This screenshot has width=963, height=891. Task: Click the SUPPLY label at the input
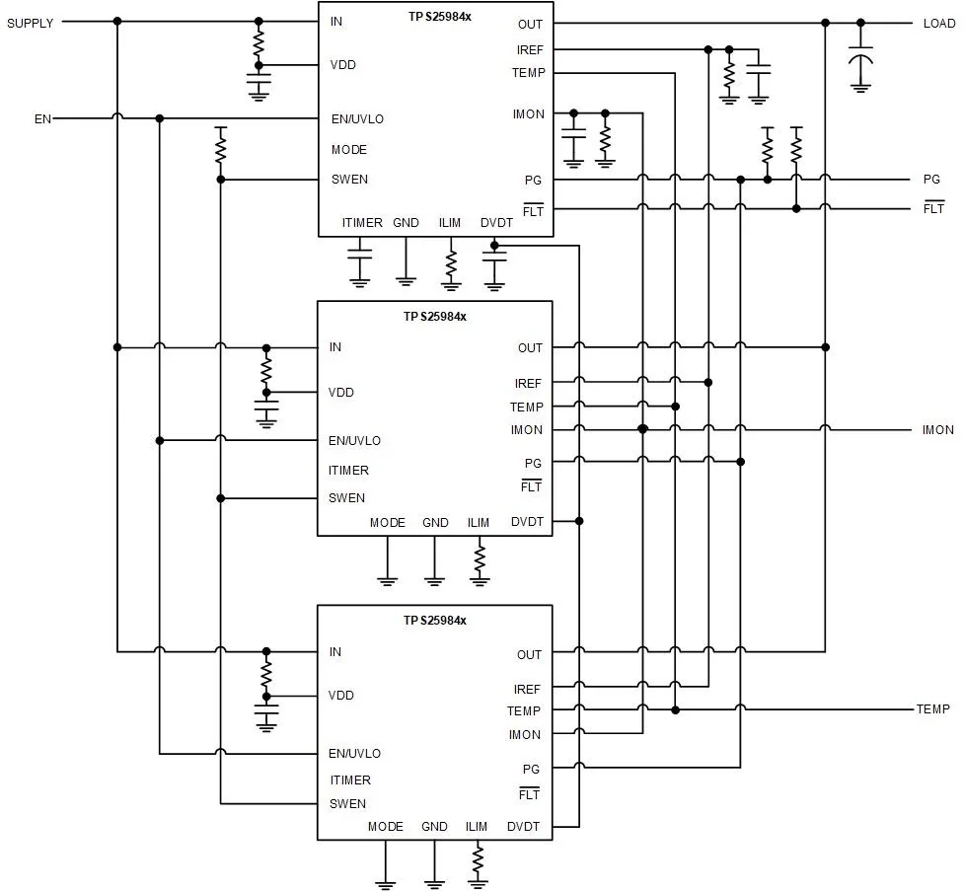click(x=30, y=24)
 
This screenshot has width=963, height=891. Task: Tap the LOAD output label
click(x=939, y=24)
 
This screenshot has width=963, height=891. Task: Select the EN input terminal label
click(x=42, y=118)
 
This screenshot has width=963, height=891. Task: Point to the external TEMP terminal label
click(x=933, y=709)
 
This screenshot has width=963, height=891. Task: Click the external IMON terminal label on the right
click(x=937, y=430)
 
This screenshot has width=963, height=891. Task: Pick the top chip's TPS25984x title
click(x=440, y=17)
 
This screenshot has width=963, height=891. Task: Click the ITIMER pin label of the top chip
click(x=362, y=222)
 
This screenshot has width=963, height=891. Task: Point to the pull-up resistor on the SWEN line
click(x=220, y=146)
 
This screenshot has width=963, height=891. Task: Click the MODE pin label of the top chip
click(x=349, y=150)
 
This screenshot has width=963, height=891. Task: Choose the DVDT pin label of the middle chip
click(x=527, y=522)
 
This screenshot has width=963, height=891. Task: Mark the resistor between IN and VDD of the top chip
click(x=259, y=43)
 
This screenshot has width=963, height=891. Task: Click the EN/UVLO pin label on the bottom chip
click(x=354, y=754)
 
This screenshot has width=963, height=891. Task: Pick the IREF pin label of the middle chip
click(x=528, y=384)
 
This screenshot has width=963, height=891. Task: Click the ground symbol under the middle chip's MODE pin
click(x=387, y=581)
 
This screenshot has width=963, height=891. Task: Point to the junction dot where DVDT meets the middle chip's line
click(x=579, y=521)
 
